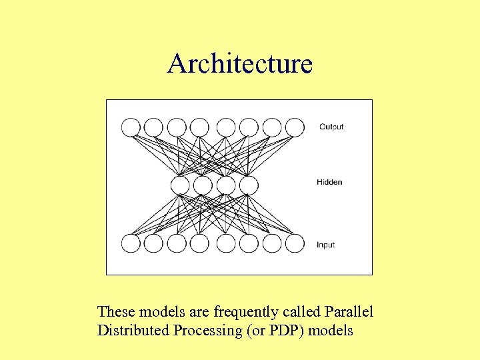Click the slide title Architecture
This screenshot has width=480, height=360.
[x=240, y=64]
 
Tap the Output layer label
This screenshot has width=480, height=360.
[x=331, y=127]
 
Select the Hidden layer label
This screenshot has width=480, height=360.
[x=329, y=182]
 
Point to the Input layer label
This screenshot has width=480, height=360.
[x=326, y=245]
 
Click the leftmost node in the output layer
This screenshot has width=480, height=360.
[x=131, y=127]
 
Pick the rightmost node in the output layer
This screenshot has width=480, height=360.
[x=295, y=127]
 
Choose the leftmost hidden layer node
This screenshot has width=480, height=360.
[x=181, y=185]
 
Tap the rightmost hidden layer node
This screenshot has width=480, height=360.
[x=249, y=185]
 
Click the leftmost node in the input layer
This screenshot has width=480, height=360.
[x=131, y=243]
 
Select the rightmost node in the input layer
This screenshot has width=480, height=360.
[x=295, y=243]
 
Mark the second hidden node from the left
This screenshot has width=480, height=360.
[x=203, y=185]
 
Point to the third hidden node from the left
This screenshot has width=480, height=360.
[x=226, y=185]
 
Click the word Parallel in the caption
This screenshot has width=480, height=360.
[x=349, y=311]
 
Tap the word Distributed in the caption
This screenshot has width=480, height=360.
[x=133, y=330]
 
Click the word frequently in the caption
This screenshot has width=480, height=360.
[x=243, y=311]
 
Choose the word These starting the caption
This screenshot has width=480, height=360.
[x=115, y=311]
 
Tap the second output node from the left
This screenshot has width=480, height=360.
[x=153, y=127]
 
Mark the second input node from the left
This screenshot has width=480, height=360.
[x=153, y=243]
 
